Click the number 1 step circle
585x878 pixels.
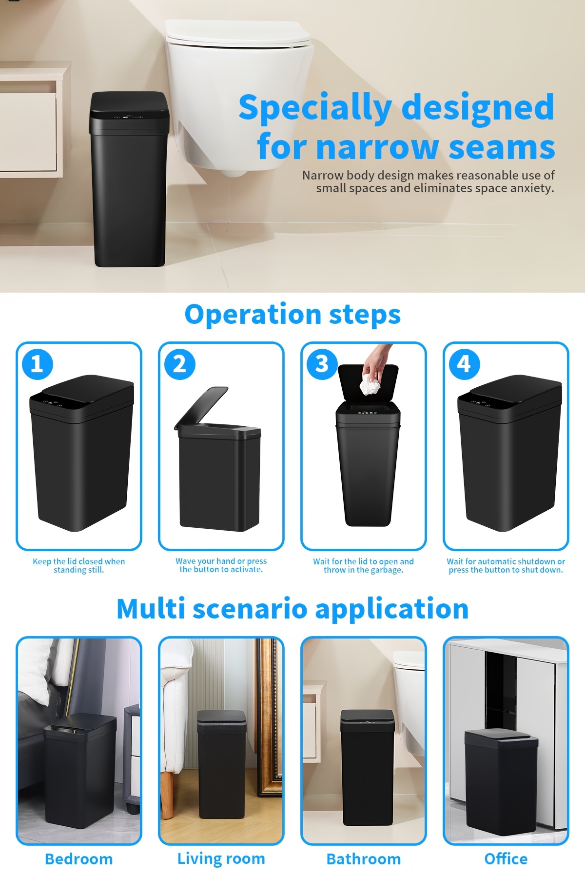pyautogui.click(x=38, y=364)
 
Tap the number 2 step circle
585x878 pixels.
pyautogui.click(x=180, y=364)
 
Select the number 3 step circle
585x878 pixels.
pyautogui.click(x=322, y=364)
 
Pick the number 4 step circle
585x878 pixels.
pyautogui.click(x=464, y=364)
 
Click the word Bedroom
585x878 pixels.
pyautogui.click(x=78, y=859)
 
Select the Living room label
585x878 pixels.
pyautogui.click(x=221, y=858)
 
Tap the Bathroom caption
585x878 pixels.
pyautogui.click(x=364, y=859)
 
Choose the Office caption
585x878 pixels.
pyautogui.click(x=506, y=859)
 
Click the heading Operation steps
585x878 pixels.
pyautogui.click(x=292, y=315)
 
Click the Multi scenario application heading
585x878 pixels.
pyautogui.click(x=292, y=609)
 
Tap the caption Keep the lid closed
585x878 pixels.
pyautogui.click(x=78, y=565)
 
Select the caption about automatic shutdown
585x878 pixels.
pyautogui.click(x=506, y=565)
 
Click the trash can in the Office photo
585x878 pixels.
pyautogui.click(x=501, y=780)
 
